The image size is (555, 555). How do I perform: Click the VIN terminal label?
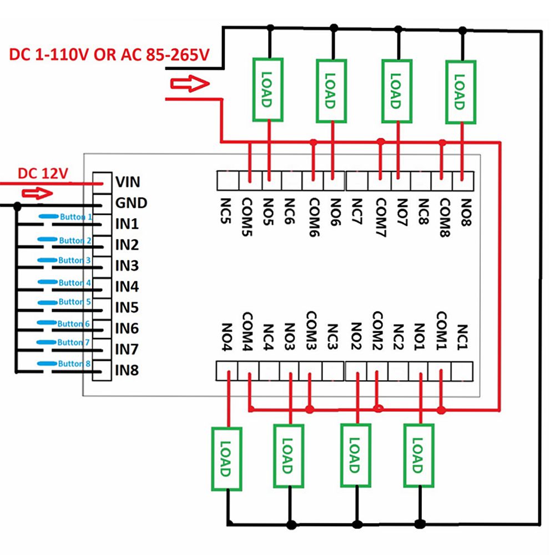128,181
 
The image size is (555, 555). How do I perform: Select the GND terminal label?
131,203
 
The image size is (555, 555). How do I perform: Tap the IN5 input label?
127,307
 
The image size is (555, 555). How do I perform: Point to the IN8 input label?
127,370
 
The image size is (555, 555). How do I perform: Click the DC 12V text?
43,173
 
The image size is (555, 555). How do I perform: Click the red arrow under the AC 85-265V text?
189,84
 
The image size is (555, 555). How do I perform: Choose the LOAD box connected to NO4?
226,459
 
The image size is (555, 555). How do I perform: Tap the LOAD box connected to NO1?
418,456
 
